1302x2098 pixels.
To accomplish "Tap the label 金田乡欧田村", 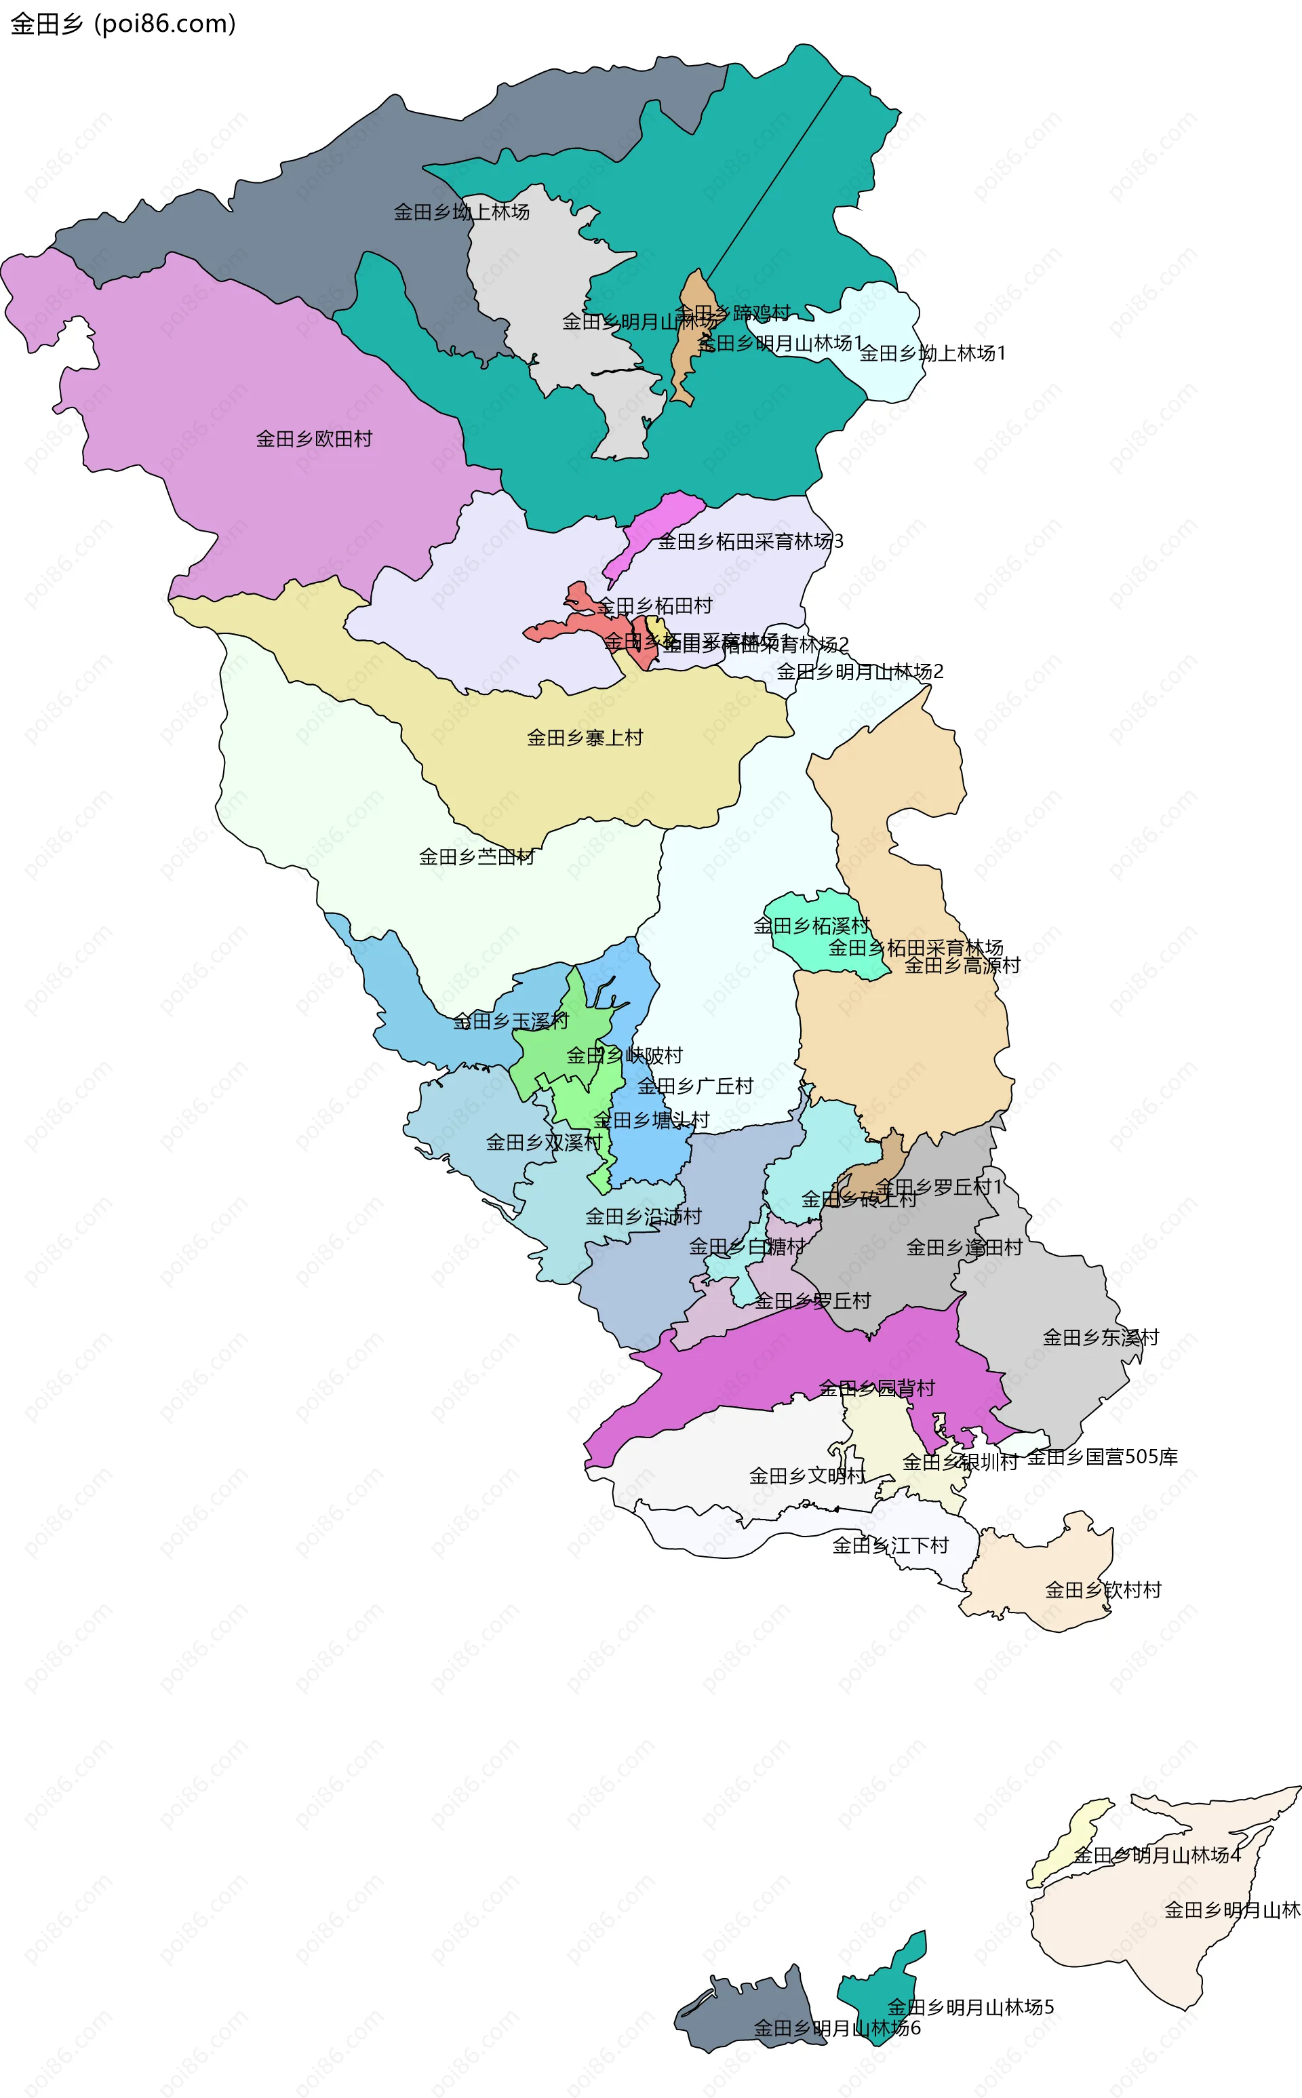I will [313, 439].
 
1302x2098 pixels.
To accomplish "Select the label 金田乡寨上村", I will [585, 738].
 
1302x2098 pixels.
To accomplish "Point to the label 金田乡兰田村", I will [476, 856].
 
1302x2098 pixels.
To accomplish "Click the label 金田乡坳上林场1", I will [932, 353].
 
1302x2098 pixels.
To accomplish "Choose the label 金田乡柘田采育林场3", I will [750, 542].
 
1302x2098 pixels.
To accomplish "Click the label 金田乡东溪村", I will [1101, 1337].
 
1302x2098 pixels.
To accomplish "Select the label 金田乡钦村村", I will [1103, 1590].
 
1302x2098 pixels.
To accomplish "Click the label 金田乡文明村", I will [807, 1476].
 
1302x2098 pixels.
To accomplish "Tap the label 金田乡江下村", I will [890, 1545].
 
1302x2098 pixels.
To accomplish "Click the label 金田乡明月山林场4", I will [1156, 1855].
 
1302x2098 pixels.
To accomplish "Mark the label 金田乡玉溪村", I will [511, 1021].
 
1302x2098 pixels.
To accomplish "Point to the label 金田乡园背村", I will [877, 1388].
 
